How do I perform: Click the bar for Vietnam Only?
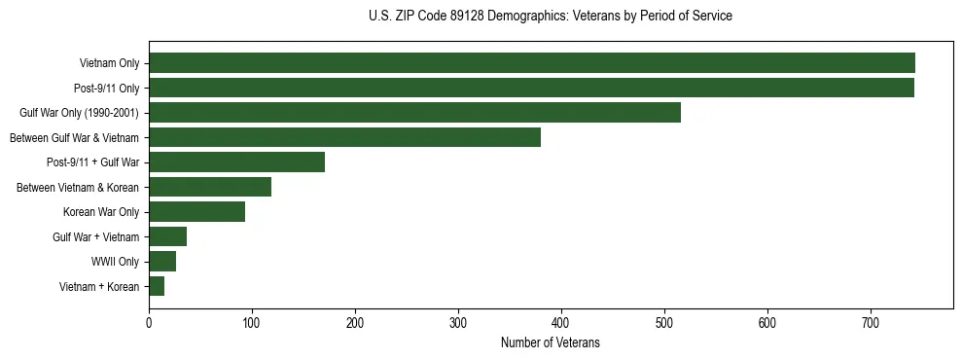[532, 63]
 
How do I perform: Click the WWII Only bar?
[162, 262]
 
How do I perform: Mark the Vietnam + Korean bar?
[157, 286]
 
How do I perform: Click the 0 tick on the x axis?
[149, 323]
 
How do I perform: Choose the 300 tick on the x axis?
[458, 323]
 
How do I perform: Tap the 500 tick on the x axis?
[664, 323]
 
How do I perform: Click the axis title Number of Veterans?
[550, 343]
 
